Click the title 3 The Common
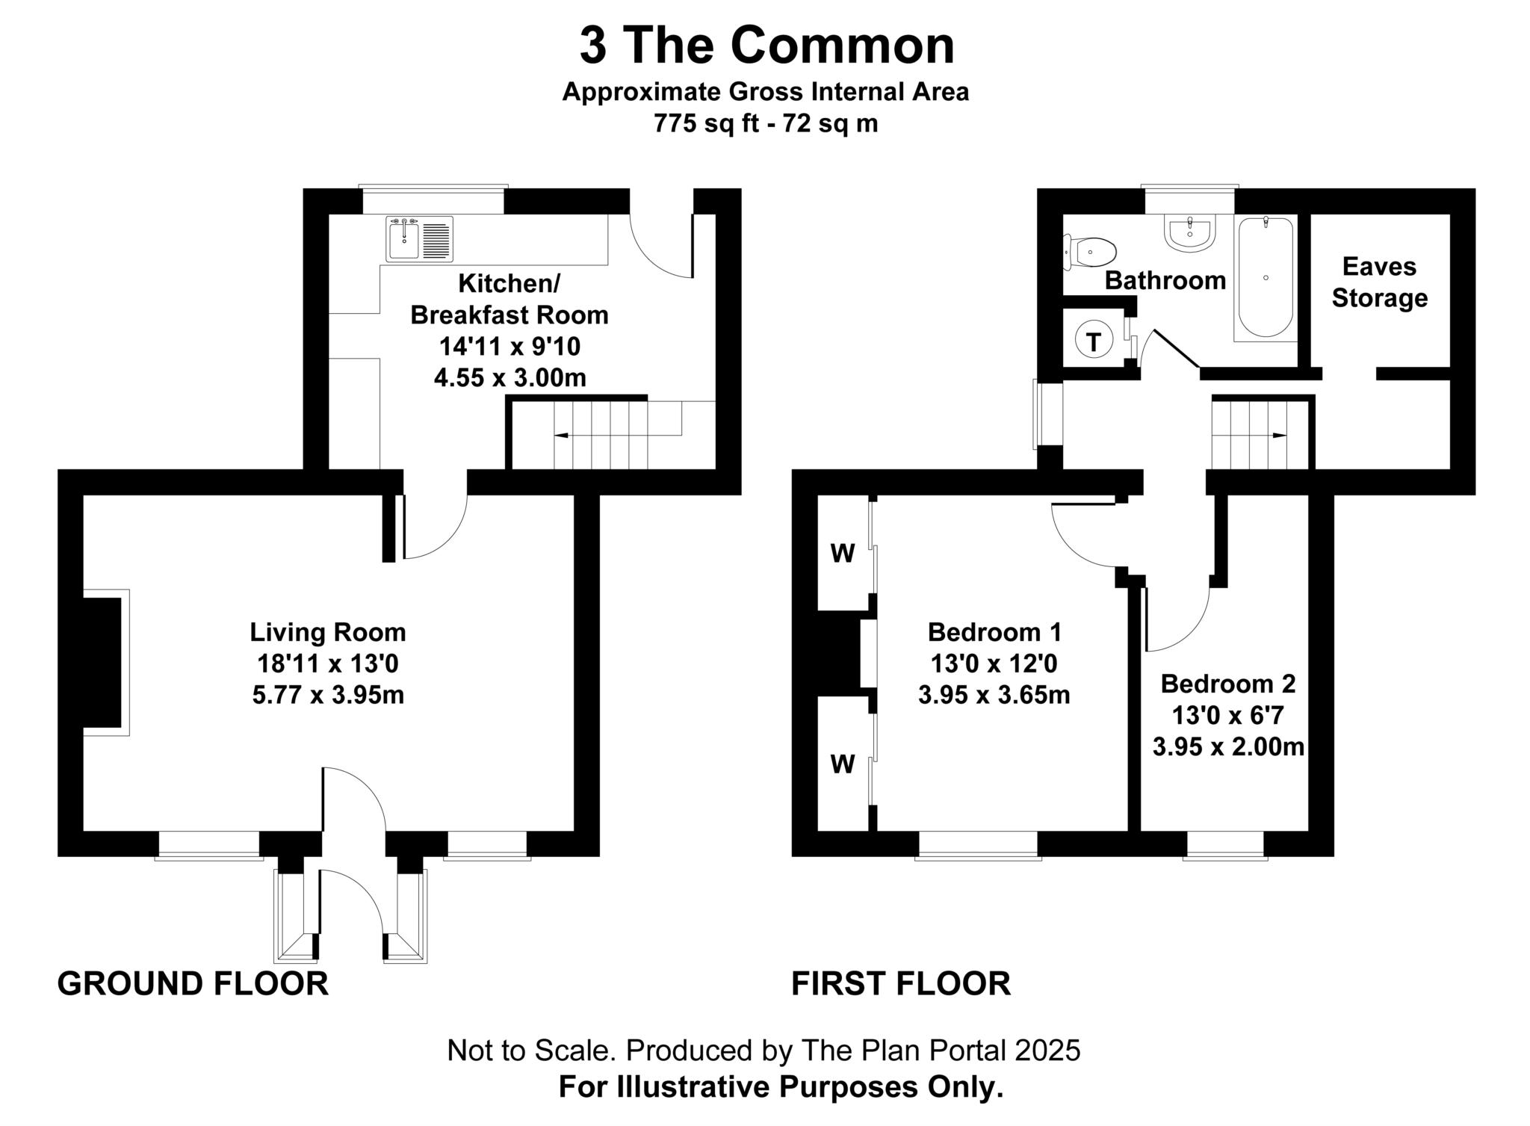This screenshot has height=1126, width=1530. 766,46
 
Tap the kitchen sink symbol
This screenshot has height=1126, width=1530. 419,239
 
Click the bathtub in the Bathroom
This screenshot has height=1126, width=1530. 1266,277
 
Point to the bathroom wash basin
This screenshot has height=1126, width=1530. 1192,232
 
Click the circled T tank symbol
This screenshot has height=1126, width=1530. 1094,342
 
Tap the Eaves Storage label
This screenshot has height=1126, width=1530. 1379,282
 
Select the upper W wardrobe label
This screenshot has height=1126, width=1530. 843,554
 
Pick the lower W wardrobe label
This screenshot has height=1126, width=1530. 843,764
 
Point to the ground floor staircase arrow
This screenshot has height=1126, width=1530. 560,435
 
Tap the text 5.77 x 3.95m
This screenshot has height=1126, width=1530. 328,696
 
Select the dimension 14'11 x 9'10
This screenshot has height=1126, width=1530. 510,347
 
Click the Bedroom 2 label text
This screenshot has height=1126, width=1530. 1227,684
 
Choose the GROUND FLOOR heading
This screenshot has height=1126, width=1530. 193,983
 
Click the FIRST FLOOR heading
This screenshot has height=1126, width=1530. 900,983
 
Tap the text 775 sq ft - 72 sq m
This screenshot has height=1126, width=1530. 765,123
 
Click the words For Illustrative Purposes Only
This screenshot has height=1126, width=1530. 781,1087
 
